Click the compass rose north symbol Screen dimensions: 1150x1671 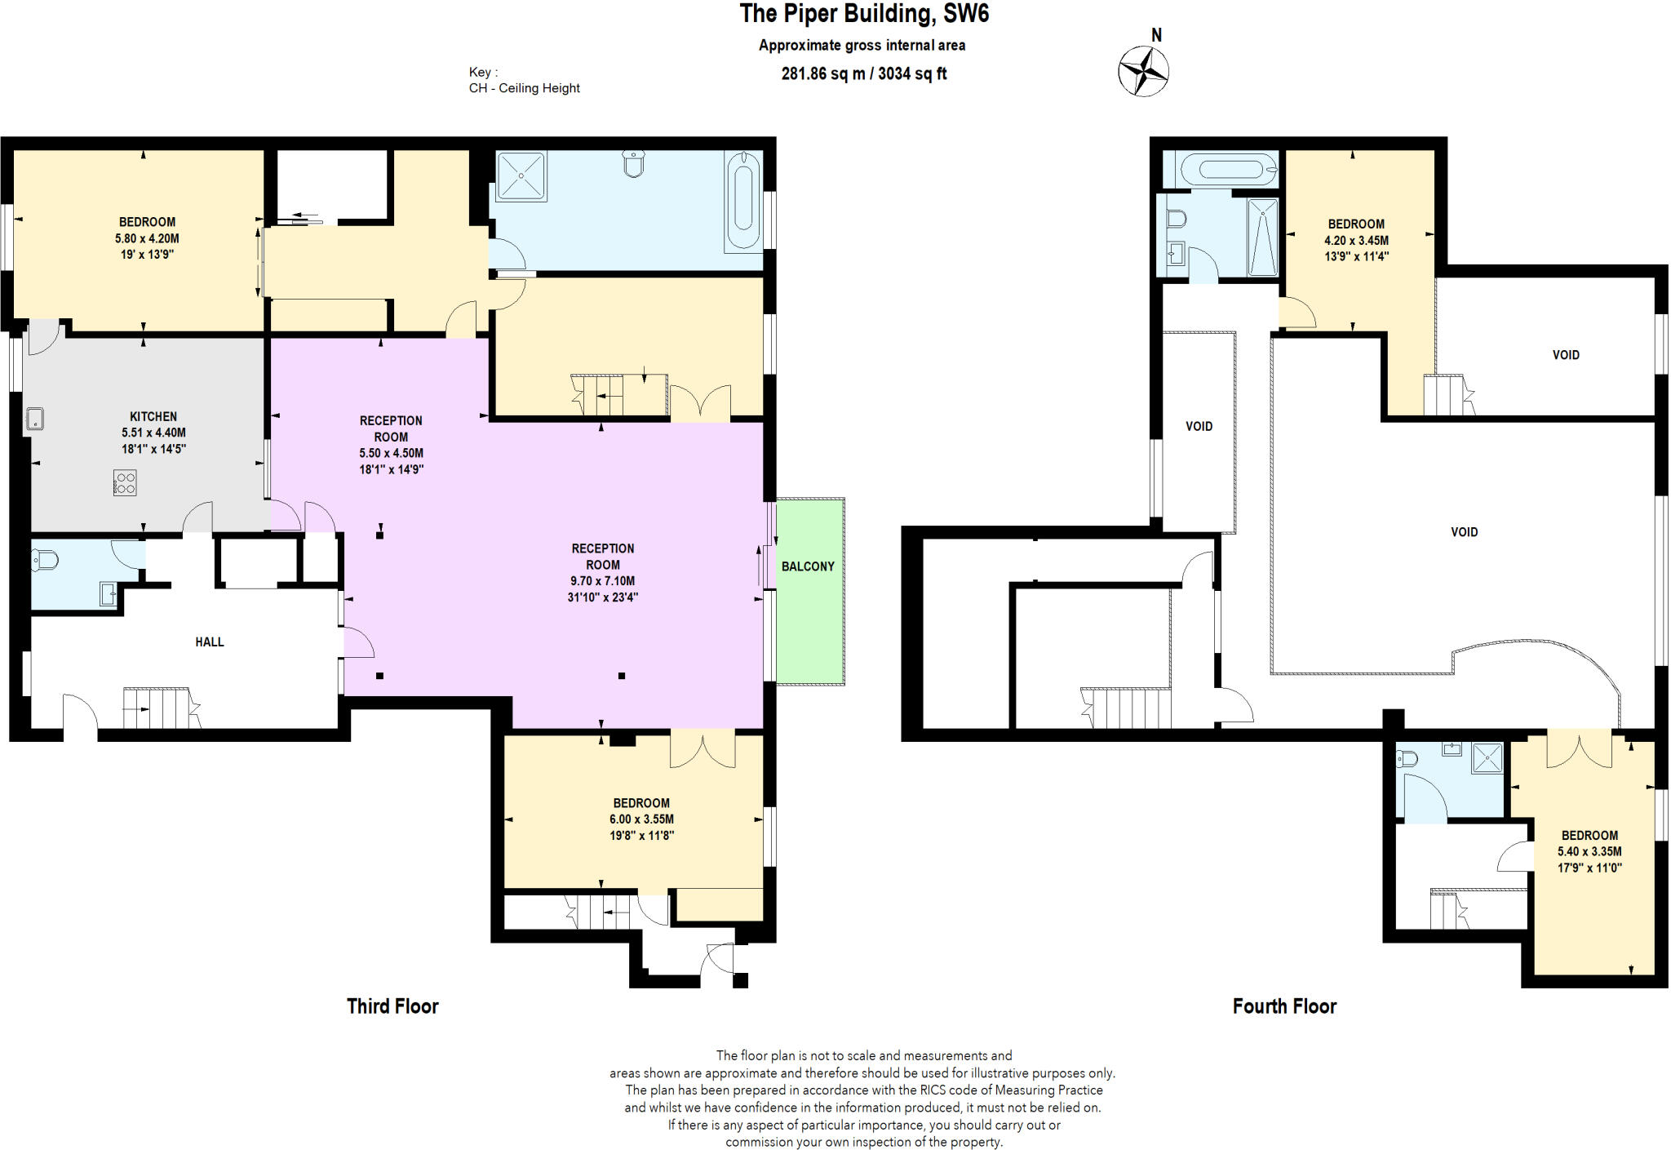pyautogui.click(x=1143, y=71)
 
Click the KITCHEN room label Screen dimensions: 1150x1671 pyautogui.click(x=153, y=416)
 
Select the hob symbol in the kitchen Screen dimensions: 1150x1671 pyautogui.click(x=125, y=482)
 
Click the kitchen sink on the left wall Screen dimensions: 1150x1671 pyautogui.click(x=34, y=419)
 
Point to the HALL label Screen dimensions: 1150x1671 pyautogui.click(x=210, y=642)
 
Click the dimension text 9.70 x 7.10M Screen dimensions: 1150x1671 pyautogui.click(x=602, y=581)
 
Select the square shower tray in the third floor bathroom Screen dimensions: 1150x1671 pyautogui.click(x=521, y=175)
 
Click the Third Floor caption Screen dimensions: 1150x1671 pyautogui.click(x=392, y=1006)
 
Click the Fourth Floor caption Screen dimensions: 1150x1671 pyautogui.click(x=1284, y=1006)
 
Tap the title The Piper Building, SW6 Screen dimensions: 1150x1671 pyautogui.click(x=864, y=14)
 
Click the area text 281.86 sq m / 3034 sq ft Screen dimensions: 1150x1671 pyautogui.click(x=864, y=73)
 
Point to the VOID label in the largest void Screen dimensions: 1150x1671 pyautogui.click(x=1464, y=532)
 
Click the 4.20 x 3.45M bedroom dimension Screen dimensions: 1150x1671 pyautogui.click(x=1356, y=241)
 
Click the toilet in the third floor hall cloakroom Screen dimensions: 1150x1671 pyautogui.click(x=46, y=560)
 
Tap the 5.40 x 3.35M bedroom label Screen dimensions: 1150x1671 pyautogui.click(x=1589, y=851)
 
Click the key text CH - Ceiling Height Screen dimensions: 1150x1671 pyautogui.click(x=524, y=88)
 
